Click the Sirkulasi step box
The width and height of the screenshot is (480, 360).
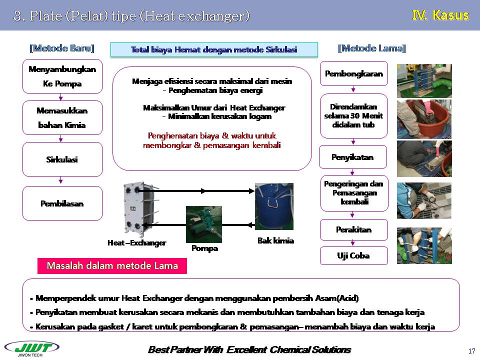point(62,159)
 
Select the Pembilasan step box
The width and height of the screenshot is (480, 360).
point(62,203)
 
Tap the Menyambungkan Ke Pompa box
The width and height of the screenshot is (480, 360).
point(62,76)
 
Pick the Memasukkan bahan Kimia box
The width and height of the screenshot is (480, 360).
point(62,118)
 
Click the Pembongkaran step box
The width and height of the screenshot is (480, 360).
point(353,74)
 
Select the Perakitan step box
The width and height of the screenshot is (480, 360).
point(353,230)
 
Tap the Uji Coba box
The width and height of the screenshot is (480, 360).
point(353,255)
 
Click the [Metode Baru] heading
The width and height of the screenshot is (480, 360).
point(62,48)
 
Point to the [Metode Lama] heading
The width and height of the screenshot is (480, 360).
point(372,48)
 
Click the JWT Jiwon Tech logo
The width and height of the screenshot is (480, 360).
point(31,348)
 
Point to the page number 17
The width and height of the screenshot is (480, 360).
point(471,350)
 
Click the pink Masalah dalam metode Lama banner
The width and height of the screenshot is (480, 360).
point(112,266)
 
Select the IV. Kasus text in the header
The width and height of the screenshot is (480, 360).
point(440,15)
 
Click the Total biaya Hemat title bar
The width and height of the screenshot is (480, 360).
point(214,49)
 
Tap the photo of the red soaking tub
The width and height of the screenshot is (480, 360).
point(424,119)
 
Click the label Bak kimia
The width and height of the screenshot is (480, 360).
point(275,240)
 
